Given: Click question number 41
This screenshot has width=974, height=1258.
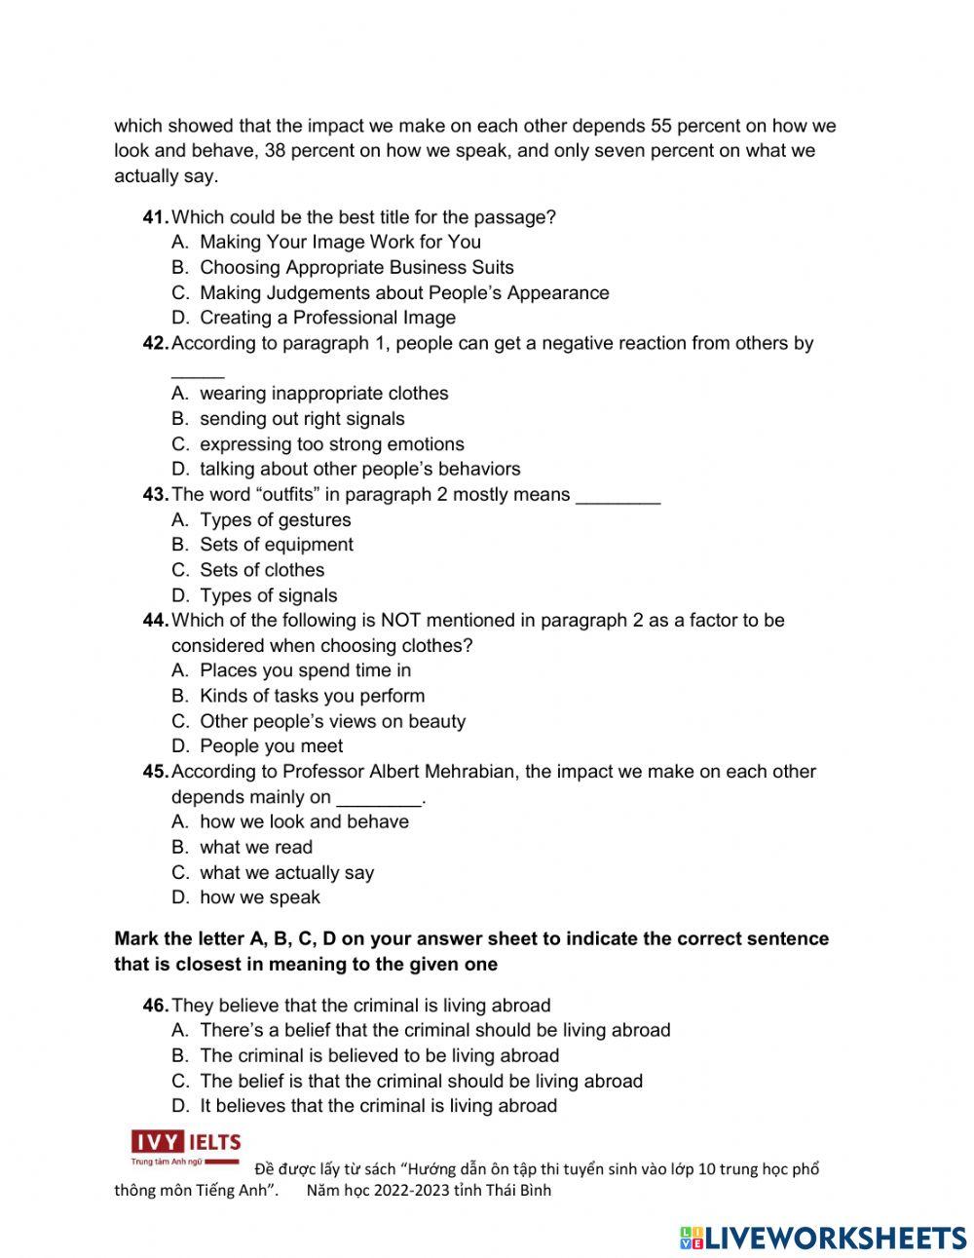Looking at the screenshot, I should (x=156, y=217).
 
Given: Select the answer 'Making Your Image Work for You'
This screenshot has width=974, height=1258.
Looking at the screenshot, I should (x=340, y=242).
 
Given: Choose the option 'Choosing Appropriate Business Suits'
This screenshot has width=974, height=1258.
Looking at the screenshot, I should (x=356, y=267).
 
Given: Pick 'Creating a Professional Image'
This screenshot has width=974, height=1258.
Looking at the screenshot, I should (x=327, y=318).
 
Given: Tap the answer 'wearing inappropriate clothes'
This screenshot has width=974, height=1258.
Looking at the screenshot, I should (x=323, y=394).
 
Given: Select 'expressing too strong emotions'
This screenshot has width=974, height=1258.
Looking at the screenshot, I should (x=331, y=444).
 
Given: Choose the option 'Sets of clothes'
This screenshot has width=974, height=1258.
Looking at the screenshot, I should (x=262, y=570).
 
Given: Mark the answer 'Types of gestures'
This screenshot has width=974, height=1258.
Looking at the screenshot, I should (x=275, y=519).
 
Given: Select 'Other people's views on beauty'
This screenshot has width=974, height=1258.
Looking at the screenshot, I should (x=332, y=721).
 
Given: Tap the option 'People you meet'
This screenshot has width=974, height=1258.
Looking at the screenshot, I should (x=271, y=746).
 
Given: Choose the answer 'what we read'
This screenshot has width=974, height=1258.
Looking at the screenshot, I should (x=256, y=848).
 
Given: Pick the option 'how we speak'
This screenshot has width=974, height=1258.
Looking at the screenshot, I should (x=259, y=897).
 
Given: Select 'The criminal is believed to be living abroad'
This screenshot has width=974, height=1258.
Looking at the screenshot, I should (x=379, y=1055).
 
